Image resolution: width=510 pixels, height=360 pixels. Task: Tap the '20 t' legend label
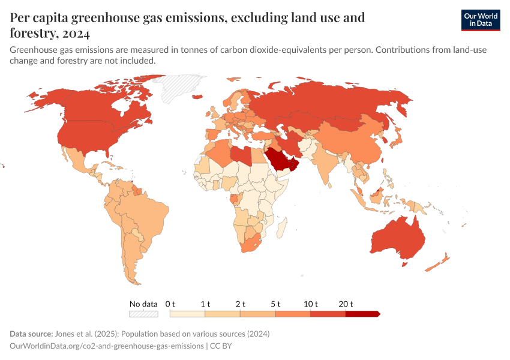pos(346,304)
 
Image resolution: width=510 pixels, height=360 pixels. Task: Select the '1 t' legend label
pos(205,304)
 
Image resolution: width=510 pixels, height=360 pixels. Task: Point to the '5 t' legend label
pos(276,304)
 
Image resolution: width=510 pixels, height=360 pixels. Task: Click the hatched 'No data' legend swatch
pos(144,313)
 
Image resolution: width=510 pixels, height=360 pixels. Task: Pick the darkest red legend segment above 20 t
pos(362,313)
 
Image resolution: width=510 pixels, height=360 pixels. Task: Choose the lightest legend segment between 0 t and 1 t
pos(188,313)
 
